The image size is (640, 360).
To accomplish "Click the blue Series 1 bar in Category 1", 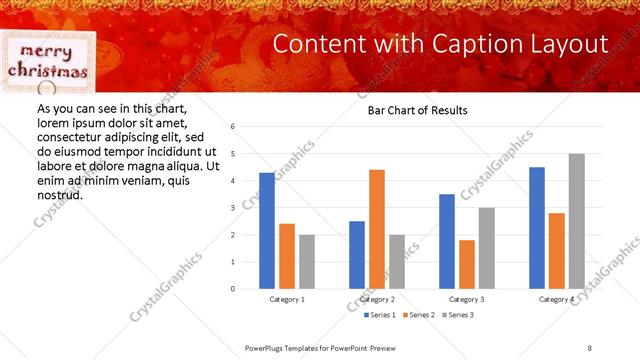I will click(267, 231).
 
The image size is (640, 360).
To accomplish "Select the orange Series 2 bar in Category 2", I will click(377, 229).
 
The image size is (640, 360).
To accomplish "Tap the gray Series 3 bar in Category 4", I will click(577, 221).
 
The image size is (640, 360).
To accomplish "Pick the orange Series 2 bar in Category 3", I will click(467, 264).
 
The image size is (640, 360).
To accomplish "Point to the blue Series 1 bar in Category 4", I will click(537, 228).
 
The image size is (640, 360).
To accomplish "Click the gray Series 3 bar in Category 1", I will click(307, 262).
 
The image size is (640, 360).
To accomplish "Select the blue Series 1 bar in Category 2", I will click(357, 255).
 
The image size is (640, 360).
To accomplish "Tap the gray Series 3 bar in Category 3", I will click(487, 248).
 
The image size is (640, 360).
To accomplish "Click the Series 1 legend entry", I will click(353, 315).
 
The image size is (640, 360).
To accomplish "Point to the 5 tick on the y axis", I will click(232, 154).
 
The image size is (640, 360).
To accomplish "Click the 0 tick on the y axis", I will click(232, 289).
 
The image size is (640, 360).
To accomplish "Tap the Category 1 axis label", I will click(288, 299).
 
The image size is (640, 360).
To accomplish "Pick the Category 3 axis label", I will click(468, 299).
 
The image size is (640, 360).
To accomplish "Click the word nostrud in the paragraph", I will click(59, 194).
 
